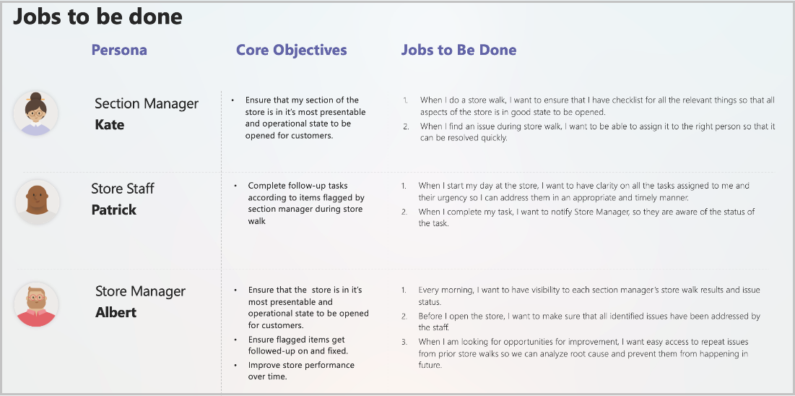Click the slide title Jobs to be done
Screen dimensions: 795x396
coord(97,16)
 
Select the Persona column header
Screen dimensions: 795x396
coord(119,50)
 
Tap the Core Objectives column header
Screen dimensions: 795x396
coord(292,50)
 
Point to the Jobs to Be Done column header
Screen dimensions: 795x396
coord(459,50)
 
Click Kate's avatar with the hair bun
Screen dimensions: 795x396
coord(35,113)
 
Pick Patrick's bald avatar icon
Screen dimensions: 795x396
coord(38,202)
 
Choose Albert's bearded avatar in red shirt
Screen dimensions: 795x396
coord(35,304)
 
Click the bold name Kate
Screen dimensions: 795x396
coord(110,125)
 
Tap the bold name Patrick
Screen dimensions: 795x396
coord(113,210)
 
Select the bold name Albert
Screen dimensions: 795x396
coord(116,312)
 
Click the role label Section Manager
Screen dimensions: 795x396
coord(147,103)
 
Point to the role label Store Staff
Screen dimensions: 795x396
coord(122,189)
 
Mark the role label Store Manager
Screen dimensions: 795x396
coord(141,291)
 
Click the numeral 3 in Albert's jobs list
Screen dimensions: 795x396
coord(404,342)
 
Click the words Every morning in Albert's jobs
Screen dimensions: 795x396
coord(446,290)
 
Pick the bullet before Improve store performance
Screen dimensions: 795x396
coord(235,366)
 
